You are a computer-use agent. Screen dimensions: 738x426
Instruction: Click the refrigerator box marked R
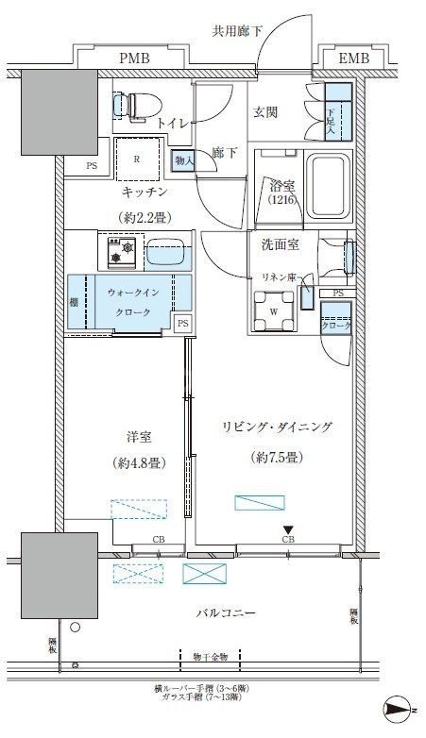(138, 159)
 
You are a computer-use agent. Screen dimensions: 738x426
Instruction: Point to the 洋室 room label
(140, 438)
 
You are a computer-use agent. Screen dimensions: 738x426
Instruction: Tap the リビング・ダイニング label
(276, 428)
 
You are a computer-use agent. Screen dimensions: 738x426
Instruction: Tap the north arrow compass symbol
(400, 709)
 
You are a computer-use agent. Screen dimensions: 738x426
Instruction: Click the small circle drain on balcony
(75, 626)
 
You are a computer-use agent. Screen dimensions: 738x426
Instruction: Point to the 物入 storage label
(184, 161)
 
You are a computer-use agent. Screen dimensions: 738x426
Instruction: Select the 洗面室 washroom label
(280, 244)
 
